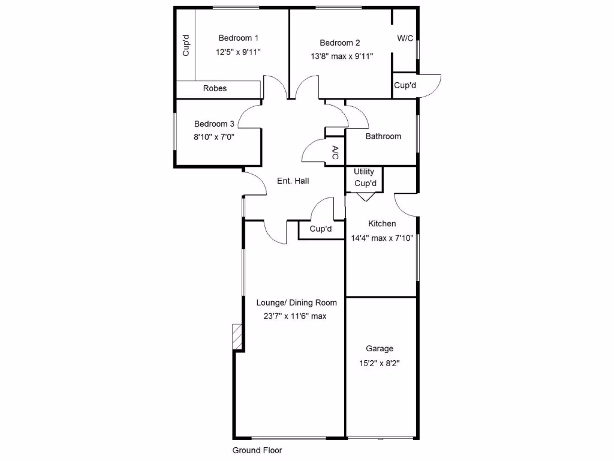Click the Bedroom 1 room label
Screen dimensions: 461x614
coord(239,37)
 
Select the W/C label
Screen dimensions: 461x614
coord(405,38)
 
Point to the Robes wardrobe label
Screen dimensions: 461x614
coord(215,88)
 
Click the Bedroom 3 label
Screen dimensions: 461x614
coord(214,124)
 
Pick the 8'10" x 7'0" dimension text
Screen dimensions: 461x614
coord(214,136)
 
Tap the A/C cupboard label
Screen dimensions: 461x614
coord(335,152)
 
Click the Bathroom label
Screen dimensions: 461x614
coord(383,136)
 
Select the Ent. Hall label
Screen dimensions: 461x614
coord(293,181)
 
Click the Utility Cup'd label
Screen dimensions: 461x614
coord(365,178)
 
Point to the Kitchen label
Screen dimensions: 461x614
coord(382,224)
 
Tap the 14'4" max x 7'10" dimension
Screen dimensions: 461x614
coord(382,238)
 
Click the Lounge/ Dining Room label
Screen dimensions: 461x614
coord(296,303)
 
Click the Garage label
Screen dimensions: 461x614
coord(380,348)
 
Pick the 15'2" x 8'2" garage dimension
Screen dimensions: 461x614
coord(380,363)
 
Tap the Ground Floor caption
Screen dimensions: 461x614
coord(257,450)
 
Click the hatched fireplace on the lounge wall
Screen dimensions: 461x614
coord(237,338)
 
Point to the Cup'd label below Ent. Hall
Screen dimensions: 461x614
coord(321,229)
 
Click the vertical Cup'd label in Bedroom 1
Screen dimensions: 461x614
coord(186,46)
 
